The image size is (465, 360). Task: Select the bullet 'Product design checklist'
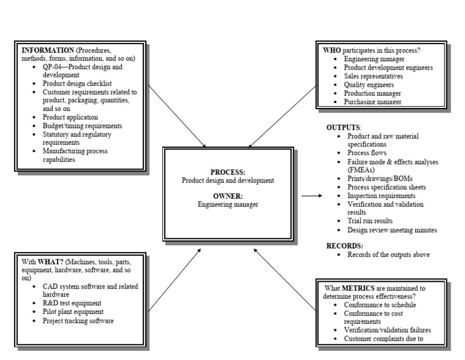point(77,83)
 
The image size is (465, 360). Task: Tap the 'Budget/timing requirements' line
point(82,125)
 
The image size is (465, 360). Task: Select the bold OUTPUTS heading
point(343,127)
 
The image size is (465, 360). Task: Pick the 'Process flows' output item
point(368,153)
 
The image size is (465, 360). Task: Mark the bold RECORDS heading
point(345,245)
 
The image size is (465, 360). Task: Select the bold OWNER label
point(227,196)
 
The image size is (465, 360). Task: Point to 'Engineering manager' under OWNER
point(228,204)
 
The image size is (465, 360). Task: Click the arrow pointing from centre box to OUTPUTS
point(311,196)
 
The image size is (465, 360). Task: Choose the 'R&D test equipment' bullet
point(71,303)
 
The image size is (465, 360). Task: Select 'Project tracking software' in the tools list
point(78,320)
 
